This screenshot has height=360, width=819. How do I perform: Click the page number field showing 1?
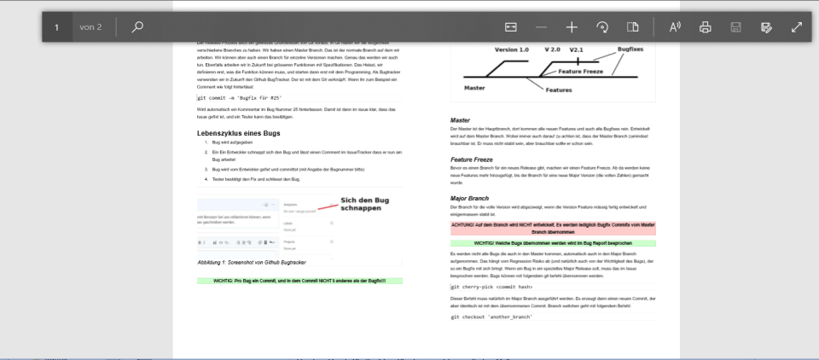(56, 27)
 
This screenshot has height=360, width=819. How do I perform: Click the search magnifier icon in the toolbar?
(137, 27)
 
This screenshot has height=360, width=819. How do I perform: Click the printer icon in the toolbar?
(706, 27)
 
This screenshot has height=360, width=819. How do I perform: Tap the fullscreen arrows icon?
(797, 27)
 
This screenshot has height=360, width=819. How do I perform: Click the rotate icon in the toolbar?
(602, 27)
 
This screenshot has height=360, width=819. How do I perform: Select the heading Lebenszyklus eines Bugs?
(238, 134)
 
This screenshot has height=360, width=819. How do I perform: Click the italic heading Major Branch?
(469, 198)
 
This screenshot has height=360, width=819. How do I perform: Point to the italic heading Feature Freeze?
(473, 160)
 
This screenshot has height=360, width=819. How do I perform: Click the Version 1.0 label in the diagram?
(512, 50)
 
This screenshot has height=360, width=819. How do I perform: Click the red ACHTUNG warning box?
(554, 228)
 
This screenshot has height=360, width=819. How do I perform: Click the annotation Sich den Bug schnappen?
(364, 204)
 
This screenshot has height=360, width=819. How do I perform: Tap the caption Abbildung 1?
(252, 261)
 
